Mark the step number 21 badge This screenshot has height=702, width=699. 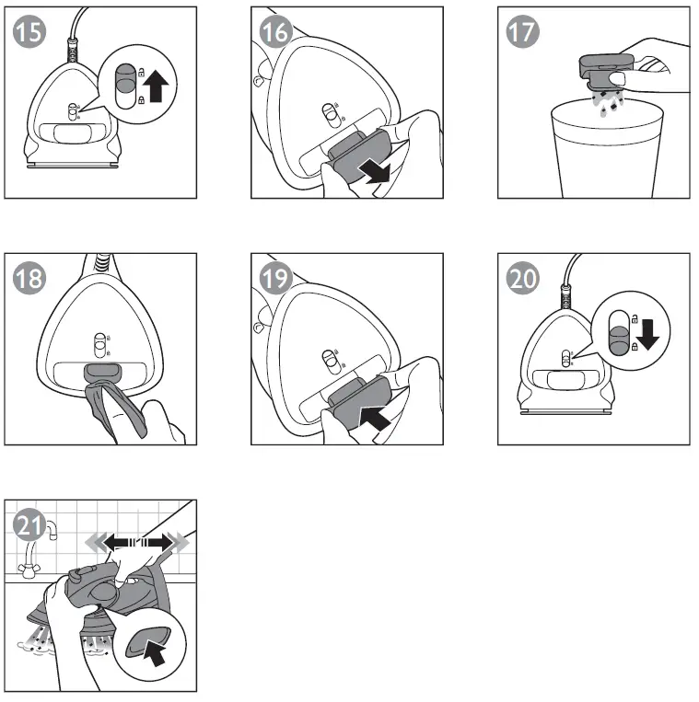(x=29, y=525)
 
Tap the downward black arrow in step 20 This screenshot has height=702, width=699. (x=647, y=333)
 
